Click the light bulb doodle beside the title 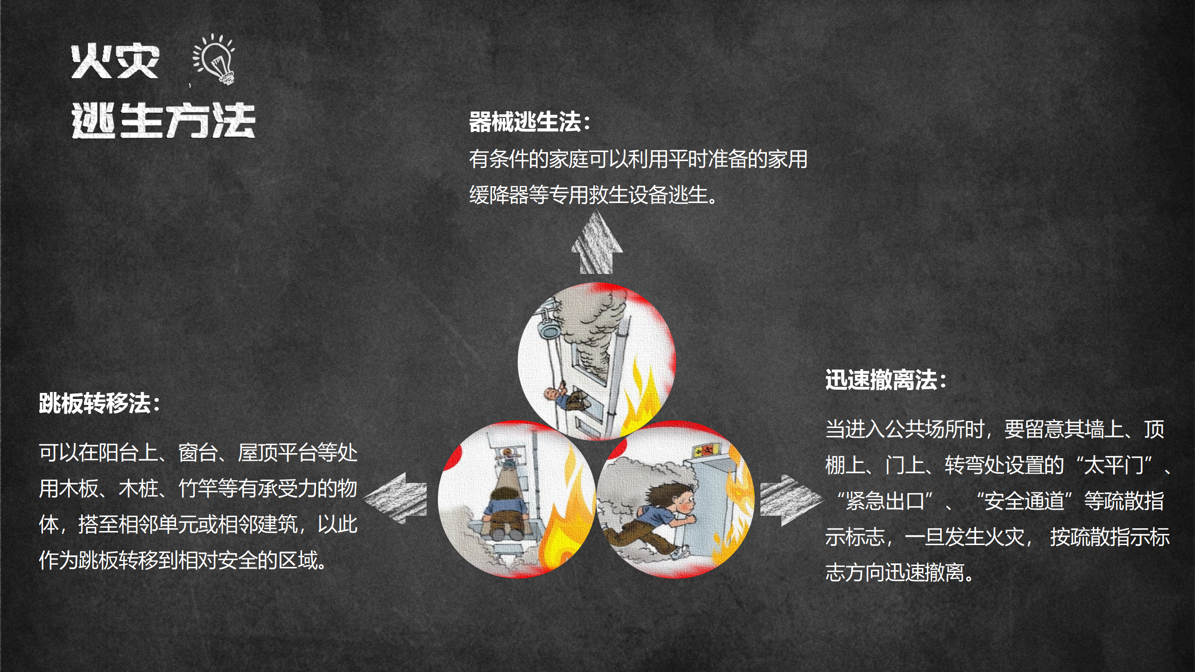coord(215,59)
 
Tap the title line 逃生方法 coord(163,120)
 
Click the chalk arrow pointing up coord(597,242)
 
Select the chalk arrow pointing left coord(395,498)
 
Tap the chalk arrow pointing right coord(792,500)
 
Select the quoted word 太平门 coord(1114,465)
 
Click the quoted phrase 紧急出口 coord(885,501)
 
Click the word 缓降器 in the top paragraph coord(499,195)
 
